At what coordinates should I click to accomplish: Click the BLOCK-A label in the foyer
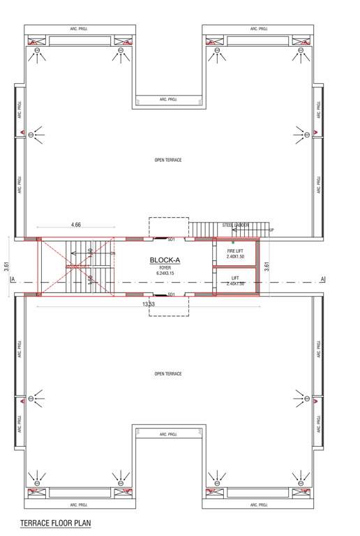click(165, 260)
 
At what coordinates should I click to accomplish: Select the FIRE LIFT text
click(235, 250)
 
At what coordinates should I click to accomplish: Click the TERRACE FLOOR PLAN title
click(56, 523)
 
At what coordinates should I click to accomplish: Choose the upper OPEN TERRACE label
click(168, 160)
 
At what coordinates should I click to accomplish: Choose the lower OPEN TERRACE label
click(168, 374)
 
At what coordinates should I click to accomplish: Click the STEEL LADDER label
click(236, 225)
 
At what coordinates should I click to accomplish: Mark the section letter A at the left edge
click(13, 280)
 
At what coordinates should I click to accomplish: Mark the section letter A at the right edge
click(322, 280)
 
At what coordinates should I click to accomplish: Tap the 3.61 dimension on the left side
click(6, 266)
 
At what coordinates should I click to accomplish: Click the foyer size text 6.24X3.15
click(165, 272)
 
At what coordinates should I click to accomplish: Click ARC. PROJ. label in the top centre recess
click(168, 100)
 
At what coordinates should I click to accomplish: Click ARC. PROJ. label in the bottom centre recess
click(168, 434)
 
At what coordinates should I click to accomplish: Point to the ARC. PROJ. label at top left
click(78, 29)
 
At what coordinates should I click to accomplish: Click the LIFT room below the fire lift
click(235, 280)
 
